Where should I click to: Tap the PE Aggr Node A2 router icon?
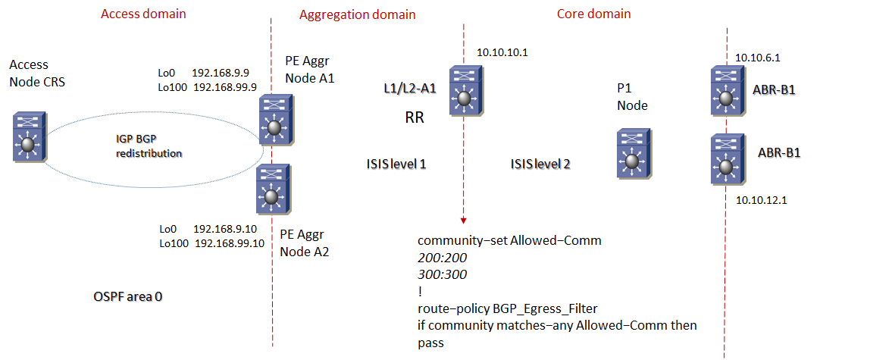[271, 189]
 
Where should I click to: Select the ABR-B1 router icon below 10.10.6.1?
[725, 90]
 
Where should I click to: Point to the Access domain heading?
[143, 14]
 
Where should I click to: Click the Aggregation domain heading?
[357, 14]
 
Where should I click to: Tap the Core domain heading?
[593, 14]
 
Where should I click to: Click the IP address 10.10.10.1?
[502, 52]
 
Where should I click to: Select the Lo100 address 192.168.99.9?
[226, 87]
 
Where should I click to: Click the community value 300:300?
[442, 274]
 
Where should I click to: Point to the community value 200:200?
[442, 258]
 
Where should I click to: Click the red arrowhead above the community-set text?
[462, 220]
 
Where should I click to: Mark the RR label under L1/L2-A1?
[413, 118]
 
